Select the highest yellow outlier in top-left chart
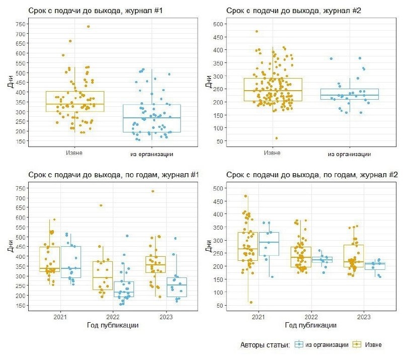89,27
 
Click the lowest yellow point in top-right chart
276,138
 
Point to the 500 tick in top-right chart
218,24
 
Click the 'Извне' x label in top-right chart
272,153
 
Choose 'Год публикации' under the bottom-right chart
311,325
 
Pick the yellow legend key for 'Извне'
357,344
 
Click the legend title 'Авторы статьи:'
265,345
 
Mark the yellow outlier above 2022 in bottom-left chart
101,205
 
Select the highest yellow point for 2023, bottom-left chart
153,191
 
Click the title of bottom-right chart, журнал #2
312,175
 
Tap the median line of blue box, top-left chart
151,118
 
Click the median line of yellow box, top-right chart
273,91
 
